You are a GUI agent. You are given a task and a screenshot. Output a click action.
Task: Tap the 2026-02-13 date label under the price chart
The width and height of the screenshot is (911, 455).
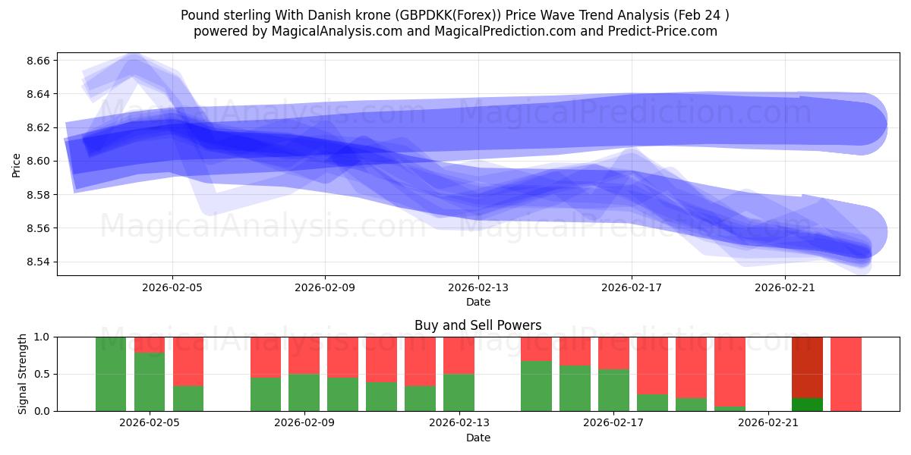[x=478, y=288]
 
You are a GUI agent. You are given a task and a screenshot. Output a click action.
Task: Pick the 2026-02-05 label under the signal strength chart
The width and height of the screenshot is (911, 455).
[x=150, y=423]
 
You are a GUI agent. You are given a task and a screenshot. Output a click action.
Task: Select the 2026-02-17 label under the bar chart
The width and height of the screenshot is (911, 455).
[x=613, y=423]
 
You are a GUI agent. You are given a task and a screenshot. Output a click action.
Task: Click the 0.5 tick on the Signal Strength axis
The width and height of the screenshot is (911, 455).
[x=43, y=374]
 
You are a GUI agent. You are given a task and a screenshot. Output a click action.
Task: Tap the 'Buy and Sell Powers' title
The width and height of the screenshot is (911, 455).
[x=478, y=325]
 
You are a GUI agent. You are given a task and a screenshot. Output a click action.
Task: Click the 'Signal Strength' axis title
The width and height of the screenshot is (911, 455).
[x=23, y=374]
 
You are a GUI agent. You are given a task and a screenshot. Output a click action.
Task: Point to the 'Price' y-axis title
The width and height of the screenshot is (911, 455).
[x=17, y=164]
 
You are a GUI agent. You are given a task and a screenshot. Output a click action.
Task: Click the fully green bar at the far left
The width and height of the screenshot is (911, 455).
[x=111, y=374]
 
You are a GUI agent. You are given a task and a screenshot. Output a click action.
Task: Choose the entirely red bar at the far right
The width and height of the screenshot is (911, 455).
[x=846, y=374]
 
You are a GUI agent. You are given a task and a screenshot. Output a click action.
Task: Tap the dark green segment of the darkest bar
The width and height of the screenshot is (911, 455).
[x=807, y=404]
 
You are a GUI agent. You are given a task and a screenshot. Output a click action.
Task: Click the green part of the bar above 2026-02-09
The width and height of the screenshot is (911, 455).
[x=304, y=392]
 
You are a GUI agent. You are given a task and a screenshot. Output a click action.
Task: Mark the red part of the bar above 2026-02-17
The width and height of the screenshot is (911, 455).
[x=613, y=353]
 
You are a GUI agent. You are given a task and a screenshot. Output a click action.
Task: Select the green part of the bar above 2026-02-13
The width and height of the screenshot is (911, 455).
[x=459, y=392]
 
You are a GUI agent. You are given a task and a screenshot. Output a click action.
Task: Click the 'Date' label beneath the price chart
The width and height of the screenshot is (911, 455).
[x=478, y=302]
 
